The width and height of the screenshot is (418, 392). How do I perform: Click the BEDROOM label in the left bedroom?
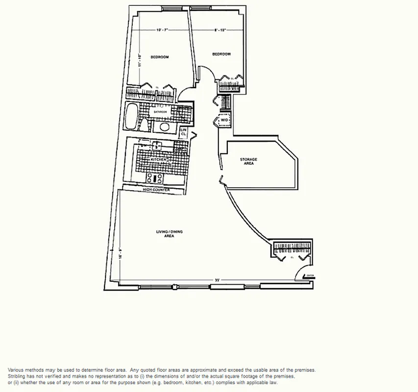(x=159, y=57)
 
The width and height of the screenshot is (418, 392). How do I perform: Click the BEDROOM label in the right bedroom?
(x=221, y=54)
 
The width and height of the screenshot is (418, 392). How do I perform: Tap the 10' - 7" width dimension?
(x=162, y=31)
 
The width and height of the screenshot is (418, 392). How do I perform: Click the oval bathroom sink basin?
(x=164, y=126)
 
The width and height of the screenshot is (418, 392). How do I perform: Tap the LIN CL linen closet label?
(x=184, y=131)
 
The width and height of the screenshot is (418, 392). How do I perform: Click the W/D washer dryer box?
(x=224, y=120)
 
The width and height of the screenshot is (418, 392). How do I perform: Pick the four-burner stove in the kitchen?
(x=157, y=178)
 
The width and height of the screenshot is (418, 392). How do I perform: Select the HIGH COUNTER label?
(x=156, y=190)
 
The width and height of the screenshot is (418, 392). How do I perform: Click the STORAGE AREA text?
(x=248, y=161)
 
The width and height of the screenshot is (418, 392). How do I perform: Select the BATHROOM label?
(x=160, y=112)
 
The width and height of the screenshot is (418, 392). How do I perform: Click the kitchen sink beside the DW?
(x=157, y=145)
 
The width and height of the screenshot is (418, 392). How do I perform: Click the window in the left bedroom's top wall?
(x=171, y=8)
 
